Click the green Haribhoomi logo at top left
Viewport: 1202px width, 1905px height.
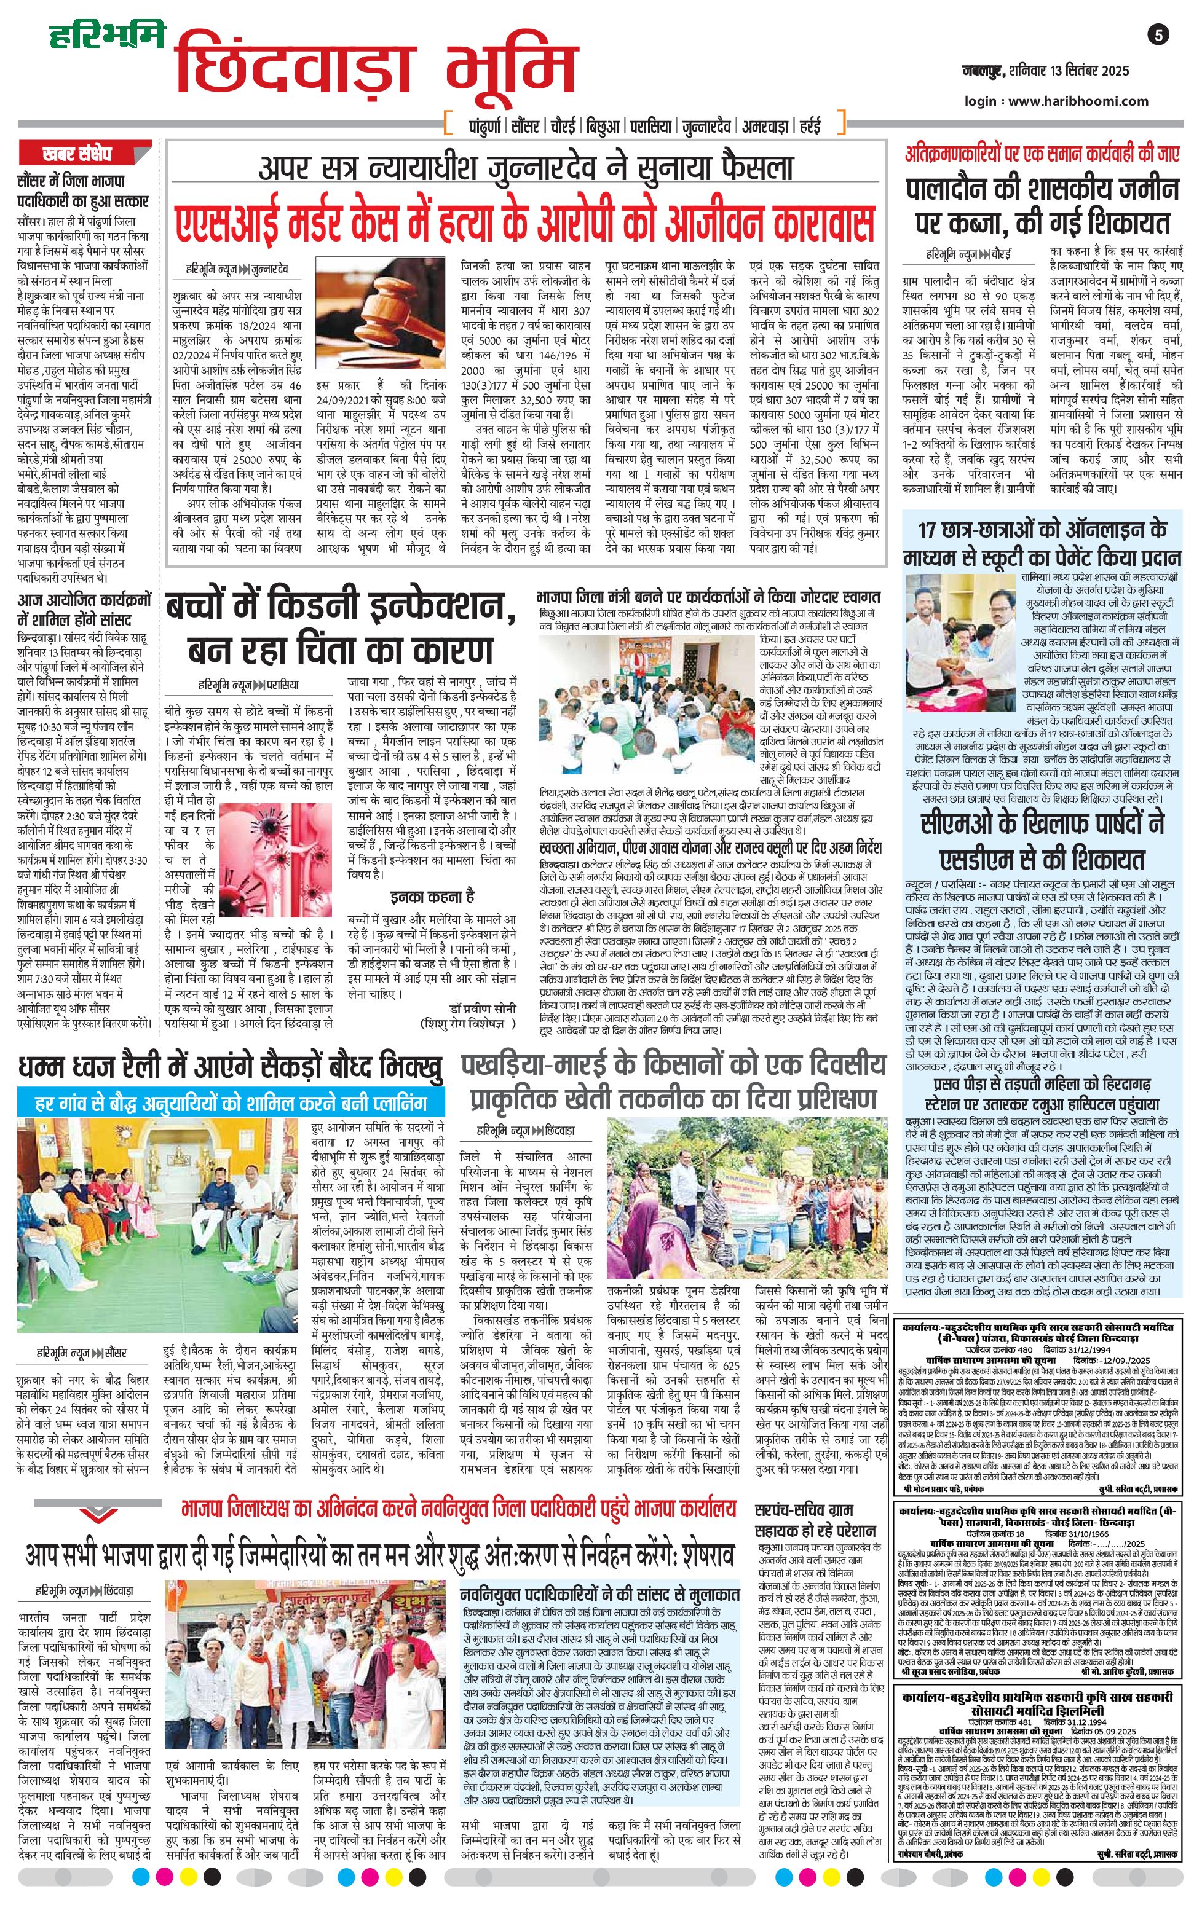[x=107, y=35]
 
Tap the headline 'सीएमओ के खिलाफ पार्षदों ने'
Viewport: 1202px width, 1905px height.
[x=1042, y=823]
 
